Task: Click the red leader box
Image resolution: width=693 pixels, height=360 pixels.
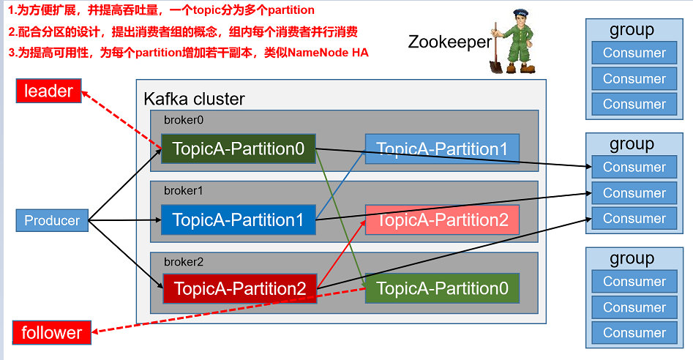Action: pyautogui.click(x=49, y=91)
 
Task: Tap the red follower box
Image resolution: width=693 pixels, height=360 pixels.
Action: pyautogui.click(x=52, y=333)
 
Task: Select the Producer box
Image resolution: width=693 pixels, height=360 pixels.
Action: pyautogui.click(x=52, y=220)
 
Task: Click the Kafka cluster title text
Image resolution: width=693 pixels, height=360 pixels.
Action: pyautogui.click(x=194, y=99)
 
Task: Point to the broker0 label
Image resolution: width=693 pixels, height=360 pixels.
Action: pyautogui.click(x=183, y=119)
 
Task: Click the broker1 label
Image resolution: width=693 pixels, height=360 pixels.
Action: pyautogui.click(x=183, y=190)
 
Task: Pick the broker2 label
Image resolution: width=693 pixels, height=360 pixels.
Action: pyautogui.click(x=183, y=261)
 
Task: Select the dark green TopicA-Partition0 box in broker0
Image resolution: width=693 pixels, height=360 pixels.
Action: pyautogui.click(x=239, y=149)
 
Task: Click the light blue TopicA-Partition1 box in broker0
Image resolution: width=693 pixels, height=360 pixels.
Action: pyautogui.click(x=442, y=149)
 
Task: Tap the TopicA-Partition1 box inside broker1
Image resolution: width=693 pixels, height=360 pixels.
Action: pyautogui.click(x=239, y=220)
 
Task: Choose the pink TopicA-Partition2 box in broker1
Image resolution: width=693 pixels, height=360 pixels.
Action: pyautogui.click(x=442, y=220)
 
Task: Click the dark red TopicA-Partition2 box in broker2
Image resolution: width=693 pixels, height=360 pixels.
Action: pyautogui.click(x=239, y=289)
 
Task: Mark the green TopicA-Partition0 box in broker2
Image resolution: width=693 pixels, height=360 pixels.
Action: pyautogui.click(x=442, y=288)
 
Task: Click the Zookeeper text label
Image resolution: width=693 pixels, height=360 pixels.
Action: pyautogui.click(x=449, y=42)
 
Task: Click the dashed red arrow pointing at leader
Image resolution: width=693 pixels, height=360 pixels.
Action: pyautogui.click(x=121, y=119)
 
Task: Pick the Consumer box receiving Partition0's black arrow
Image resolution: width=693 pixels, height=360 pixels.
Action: pyautogui.click(x=634, y=167)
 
